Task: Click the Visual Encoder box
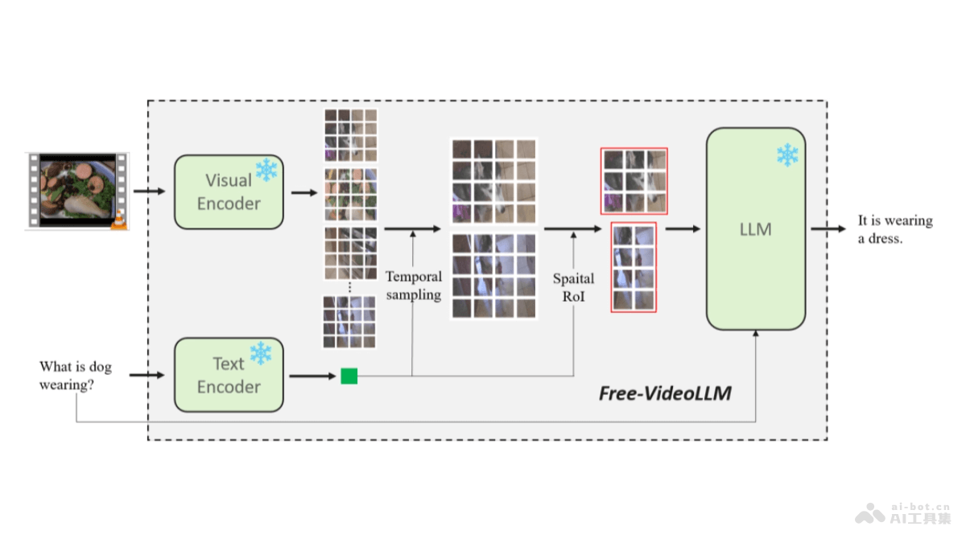(x=229, y=192)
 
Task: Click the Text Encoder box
(x=229, y=376)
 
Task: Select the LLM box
(x=755, y=229)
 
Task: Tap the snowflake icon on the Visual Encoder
(x=266, y=170)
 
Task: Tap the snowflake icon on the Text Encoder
(x=261, y=353)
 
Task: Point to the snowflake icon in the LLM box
(x=787, y=154)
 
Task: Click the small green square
(x=349, y=376)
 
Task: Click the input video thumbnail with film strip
(x=77, y=191)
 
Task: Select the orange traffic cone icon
(x=118, y=218)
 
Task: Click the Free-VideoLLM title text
(x=664, y=393)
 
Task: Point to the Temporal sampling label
(x=414, y=286)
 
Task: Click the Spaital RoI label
(x=573, y=286)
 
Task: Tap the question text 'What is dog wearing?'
(x=76, y=376)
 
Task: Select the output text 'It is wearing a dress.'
(x=894, y=229)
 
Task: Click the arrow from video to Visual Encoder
(x=149, y=191)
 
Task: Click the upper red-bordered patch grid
(x=634, y=181)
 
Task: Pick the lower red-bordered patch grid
(x=634, y=266)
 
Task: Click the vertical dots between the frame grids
(x=350, y=286)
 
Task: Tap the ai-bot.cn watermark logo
(x=902, y=513)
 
